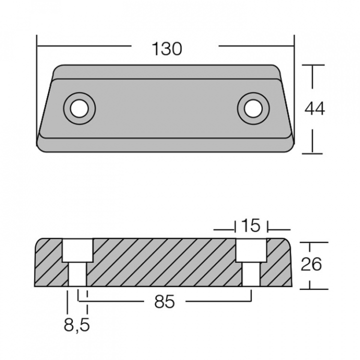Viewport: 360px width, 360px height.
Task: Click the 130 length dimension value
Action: click(167, 48)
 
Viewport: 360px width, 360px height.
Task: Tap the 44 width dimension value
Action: click(314, 109)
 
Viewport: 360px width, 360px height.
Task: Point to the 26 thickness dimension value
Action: click(311, 264)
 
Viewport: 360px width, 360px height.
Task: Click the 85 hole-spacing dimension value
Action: click(164, 301)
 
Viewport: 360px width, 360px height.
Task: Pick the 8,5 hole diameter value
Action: click(76, 325)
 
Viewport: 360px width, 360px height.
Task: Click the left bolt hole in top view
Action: click(79, 108)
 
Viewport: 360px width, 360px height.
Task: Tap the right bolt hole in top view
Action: click(253, 108)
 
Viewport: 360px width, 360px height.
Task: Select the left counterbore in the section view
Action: click(78, 250)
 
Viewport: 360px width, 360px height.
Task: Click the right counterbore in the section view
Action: click(251, 250)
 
